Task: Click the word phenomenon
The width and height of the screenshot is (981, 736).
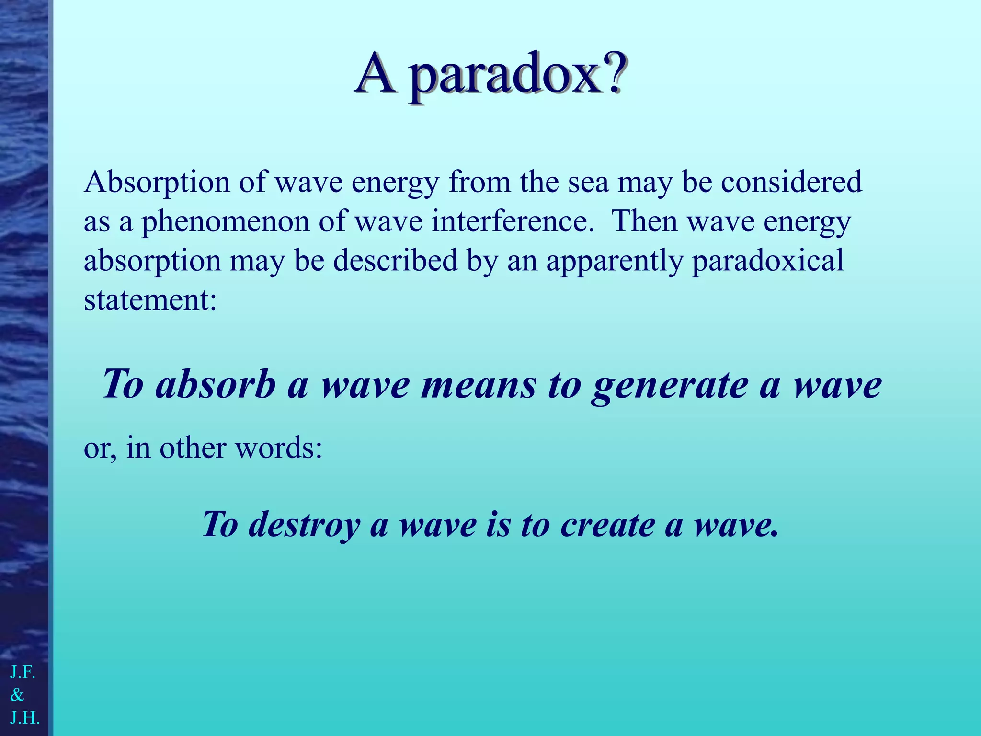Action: point(225,223)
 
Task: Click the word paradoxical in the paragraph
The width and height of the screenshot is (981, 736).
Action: point(767,261)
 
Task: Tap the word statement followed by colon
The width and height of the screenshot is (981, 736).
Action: point(147,300)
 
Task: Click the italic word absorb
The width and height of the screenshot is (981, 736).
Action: point(216,385)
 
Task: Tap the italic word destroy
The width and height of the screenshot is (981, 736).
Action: point(305,525)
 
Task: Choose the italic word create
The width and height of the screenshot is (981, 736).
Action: point(607,525)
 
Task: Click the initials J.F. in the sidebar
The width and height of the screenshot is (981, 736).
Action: point(23,672)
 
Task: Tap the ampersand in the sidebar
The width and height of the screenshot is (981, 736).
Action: point(17,695)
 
